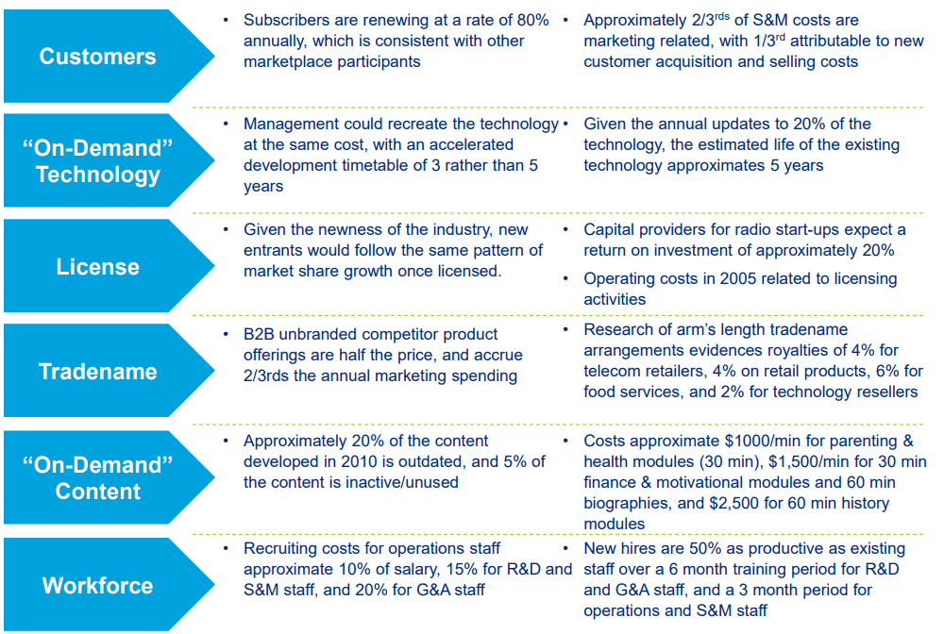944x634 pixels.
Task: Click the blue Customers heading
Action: pos(97,57)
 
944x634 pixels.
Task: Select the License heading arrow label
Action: pos(97,267)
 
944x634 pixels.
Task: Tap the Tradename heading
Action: pos(97,372)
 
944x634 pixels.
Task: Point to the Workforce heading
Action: pos(97,586)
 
